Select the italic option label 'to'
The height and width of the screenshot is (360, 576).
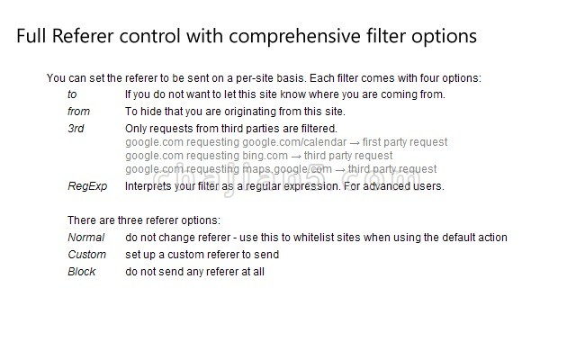72,94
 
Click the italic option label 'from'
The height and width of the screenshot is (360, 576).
78,112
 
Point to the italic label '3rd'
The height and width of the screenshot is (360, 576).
76,129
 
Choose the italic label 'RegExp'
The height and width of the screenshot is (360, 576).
87,186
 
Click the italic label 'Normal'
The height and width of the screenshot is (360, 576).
86,238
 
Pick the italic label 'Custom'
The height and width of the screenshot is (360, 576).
86,254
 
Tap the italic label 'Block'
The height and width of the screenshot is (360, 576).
82,272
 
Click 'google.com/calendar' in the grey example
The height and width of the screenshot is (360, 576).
294,142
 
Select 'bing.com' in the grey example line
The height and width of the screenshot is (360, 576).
265,156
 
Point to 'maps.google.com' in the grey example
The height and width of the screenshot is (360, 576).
287,169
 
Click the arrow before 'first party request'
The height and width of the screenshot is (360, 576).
355,143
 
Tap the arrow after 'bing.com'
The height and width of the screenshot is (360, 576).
296,157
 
